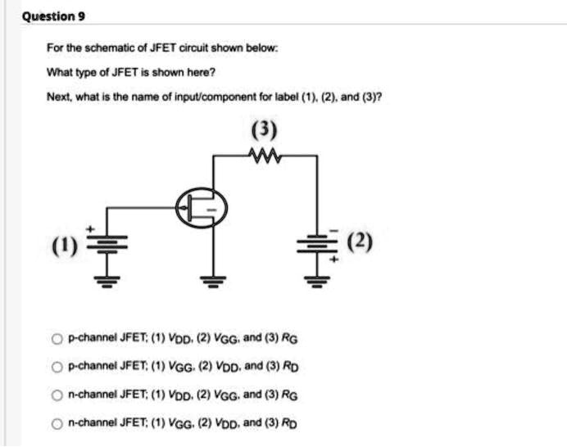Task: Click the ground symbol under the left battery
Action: point(104,282)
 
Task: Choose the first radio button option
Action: point(57,339)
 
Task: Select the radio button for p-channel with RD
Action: point(57,367)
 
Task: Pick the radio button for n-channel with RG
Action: point(57,395)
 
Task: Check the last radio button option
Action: point(57,424)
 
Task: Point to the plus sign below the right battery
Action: point(333,257)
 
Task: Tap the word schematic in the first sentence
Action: point(100,48)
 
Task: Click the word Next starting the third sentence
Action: point(58,95)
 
